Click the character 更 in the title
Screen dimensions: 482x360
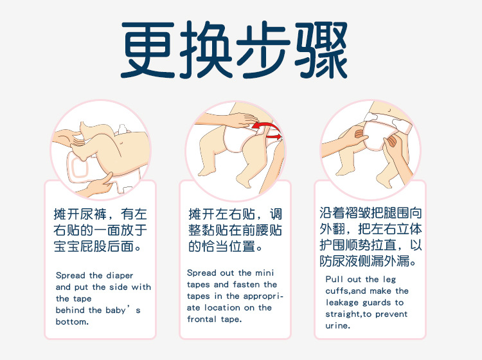coord(148,50)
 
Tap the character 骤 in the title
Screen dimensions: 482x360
coord(321,50)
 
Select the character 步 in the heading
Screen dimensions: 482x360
coord(263,50)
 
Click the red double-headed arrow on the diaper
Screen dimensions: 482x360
coord(267,130)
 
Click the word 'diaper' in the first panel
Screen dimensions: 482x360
coord(120,275)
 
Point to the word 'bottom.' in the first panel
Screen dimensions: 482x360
coord(72,322)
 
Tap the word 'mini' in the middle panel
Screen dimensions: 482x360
coord(264,273)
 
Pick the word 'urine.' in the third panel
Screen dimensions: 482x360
coord(338,325)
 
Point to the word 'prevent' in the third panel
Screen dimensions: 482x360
coord(391,314)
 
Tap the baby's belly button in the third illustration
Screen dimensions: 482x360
coord(389,110)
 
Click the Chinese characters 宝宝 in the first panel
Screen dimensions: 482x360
coord(66,247)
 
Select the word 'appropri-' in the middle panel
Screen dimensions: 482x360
coord(263,296)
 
